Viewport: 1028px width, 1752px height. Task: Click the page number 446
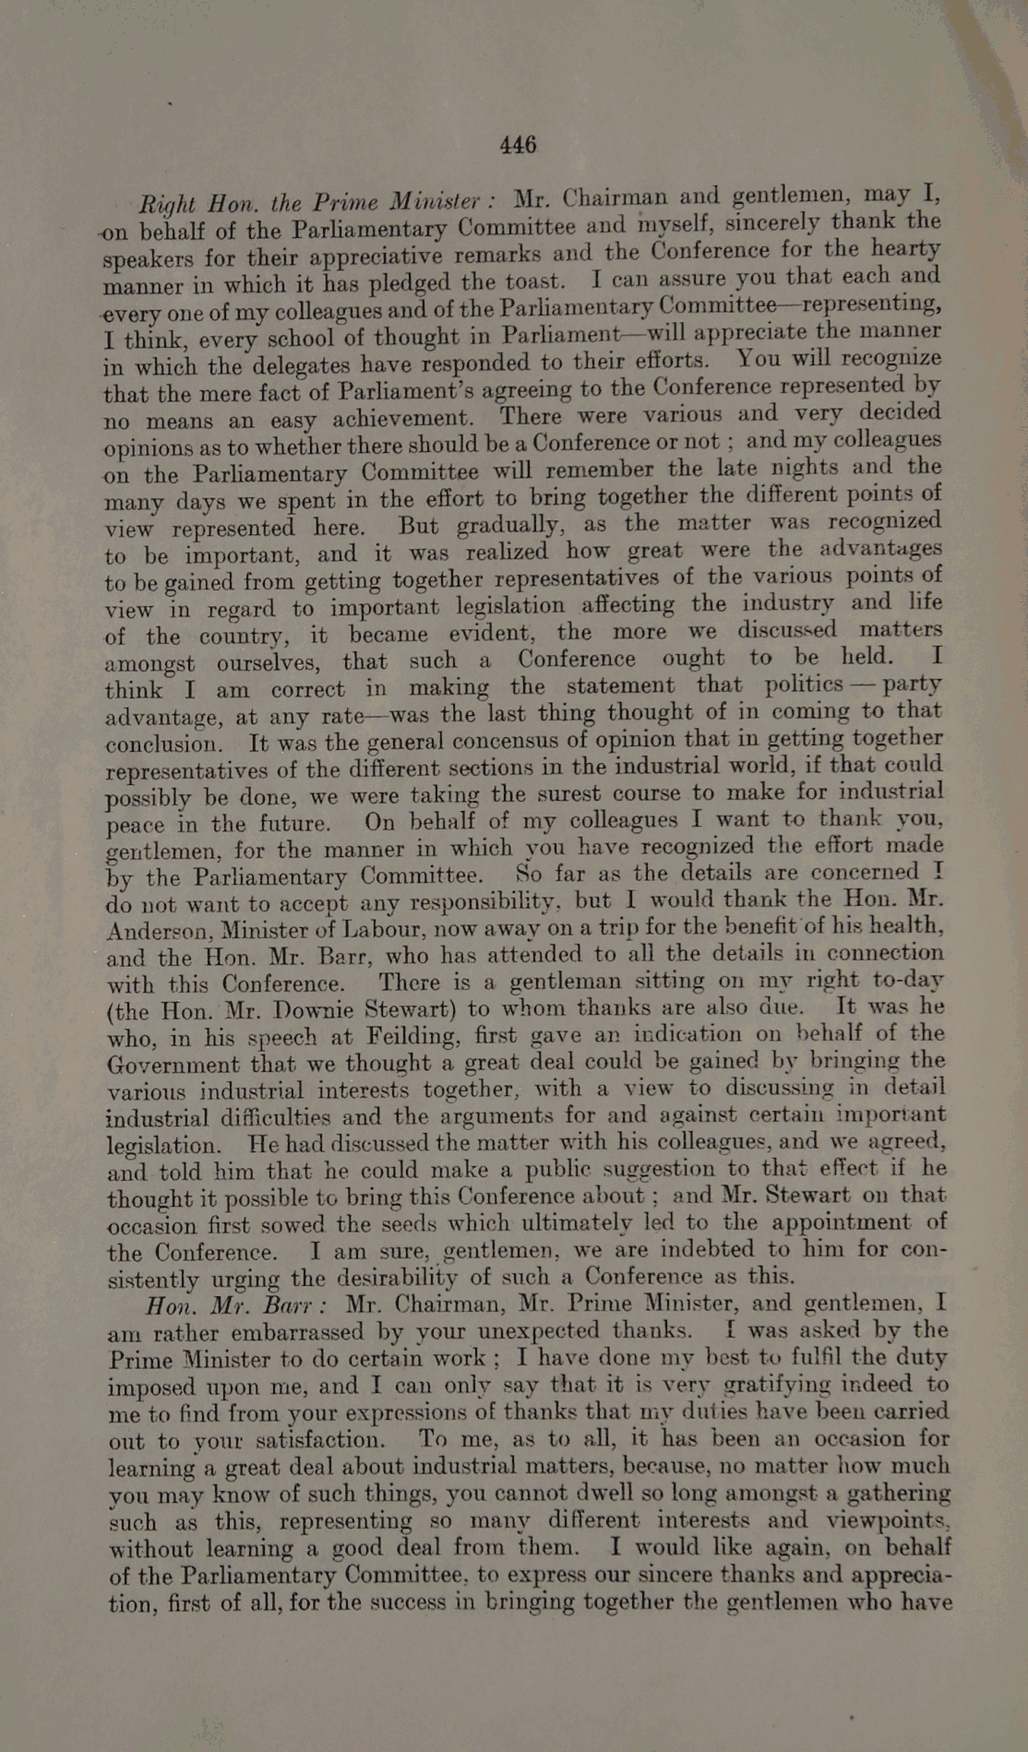(518, 145)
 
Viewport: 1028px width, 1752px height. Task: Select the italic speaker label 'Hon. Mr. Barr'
(235, 1305)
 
